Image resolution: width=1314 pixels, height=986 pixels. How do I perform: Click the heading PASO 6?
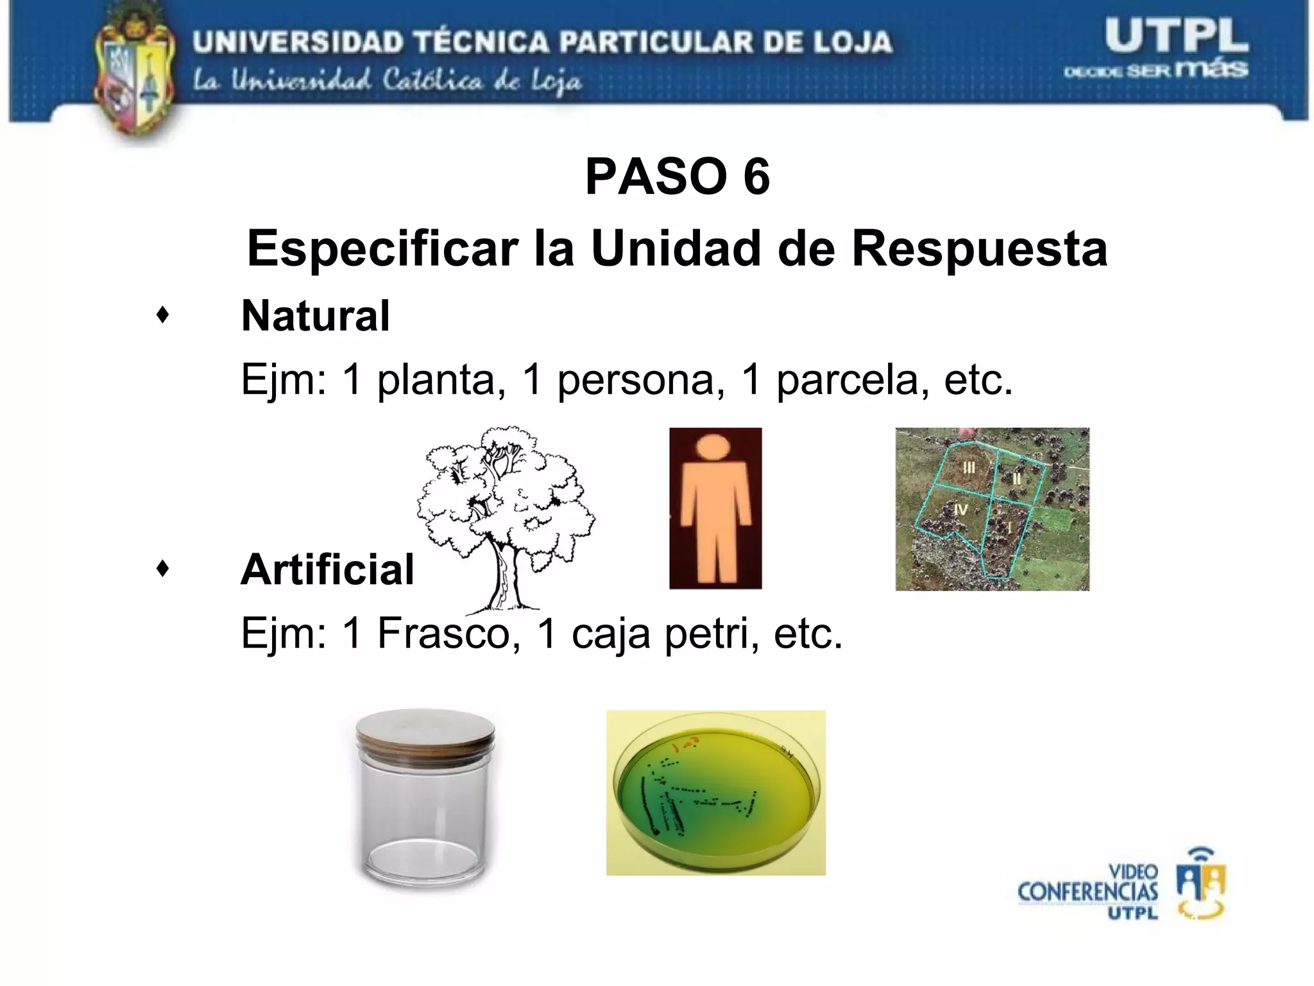pos(677,177)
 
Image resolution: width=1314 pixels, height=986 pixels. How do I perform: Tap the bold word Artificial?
pos(327,569)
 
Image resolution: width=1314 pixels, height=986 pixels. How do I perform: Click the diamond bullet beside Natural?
pos(163,315)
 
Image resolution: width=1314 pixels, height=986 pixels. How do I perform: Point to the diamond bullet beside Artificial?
pos(163,568)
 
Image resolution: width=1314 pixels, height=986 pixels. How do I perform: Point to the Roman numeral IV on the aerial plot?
pos(960,510)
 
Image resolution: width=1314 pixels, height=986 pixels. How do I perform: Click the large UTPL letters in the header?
pos(1176,37)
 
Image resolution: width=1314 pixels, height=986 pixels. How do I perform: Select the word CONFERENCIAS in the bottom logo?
pos(1088,892)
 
